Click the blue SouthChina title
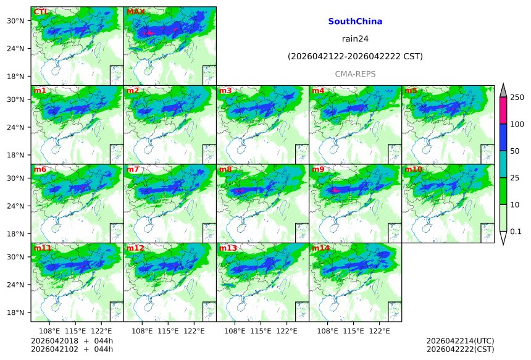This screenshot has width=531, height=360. point(355,22)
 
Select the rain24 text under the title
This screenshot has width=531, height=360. point(355,39)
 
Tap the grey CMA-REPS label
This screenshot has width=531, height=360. point(355,74)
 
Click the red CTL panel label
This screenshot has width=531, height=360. point(41,12)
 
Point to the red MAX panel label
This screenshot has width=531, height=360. point(135,12)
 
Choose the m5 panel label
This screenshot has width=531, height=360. point(411,91)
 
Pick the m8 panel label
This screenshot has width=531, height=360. point(225,170)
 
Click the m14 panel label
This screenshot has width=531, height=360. point(320,248)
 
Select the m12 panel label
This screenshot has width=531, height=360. point(135,248)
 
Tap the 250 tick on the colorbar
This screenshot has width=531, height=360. point(517,98)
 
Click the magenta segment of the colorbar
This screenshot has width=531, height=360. point(503,111)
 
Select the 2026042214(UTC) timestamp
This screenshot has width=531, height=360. point(460,341)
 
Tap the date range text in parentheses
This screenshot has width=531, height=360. point(355,57)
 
